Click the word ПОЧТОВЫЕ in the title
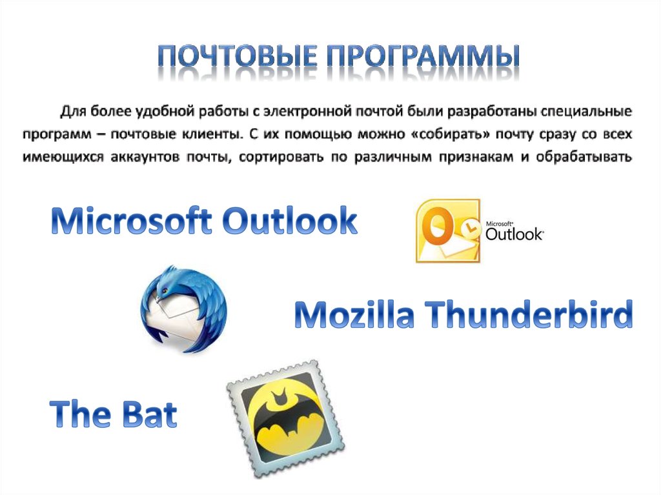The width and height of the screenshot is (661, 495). [238, 56]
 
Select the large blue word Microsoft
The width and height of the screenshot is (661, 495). [131, 220]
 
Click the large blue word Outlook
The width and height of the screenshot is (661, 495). [290, 220]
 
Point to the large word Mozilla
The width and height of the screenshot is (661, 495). [354, 314]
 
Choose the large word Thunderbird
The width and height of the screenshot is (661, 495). [529, 314]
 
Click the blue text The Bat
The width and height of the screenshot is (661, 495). [114, 414]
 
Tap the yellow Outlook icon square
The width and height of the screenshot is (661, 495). [448, 231]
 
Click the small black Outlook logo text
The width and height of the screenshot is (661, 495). [514, 233]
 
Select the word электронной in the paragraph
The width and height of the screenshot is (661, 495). [307, 111]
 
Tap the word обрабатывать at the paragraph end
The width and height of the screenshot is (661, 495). [584, 157]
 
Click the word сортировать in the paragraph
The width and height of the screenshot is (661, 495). [281, 157]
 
